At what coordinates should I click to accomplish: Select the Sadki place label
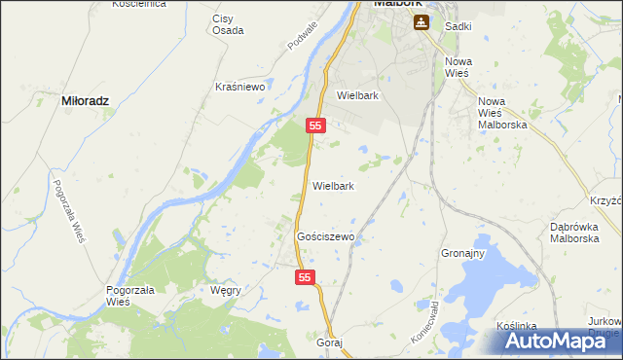[x=458, y=26]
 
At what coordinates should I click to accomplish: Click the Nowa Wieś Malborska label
[x=502, y=113]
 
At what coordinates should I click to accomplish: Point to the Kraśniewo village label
[x=240, y=86]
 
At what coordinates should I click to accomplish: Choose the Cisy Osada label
[x=229, y=23]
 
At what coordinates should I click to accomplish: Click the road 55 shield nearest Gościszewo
[x=306, y=278]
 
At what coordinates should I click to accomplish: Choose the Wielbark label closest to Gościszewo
[x=333, y=185]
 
